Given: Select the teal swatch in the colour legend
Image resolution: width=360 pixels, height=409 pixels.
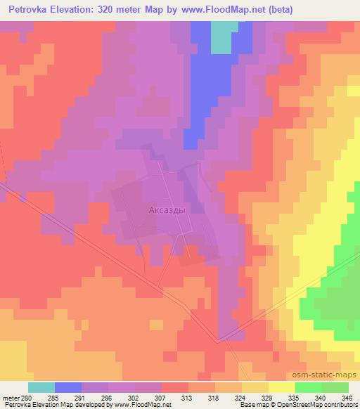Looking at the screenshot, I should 41,387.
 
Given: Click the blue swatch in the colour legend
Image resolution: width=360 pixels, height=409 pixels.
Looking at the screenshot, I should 68,387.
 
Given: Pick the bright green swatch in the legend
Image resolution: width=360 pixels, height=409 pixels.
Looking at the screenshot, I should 309,387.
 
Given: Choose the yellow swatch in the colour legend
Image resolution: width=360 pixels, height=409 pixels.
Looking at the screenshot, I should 282,387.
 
